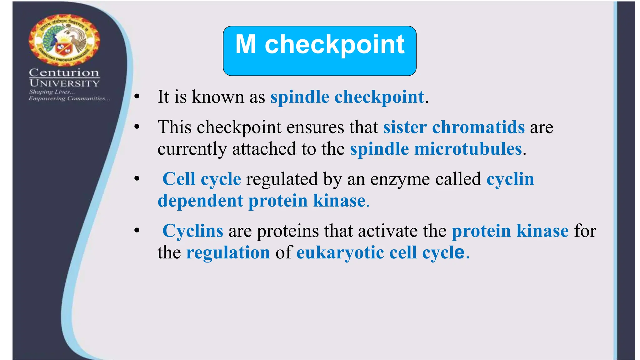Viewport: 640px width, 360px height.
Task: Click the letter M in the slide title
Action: tap(246, 45)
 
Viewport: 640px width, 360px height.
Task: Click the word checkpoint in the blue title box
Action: tap(335, 45)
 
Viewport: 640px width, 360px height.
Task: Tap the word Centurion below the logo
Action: tap(64, 72)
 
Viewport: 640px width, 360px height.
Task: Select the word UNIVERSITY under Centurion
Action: tap(65, 83)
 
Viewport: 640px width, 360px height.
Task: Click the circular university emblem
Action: tap(64, 40)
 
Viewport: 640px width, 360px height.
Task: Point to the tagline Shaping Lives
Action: tap(52, 92)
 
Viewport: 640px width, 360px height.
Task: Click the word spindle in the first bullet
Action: tap(300, 97)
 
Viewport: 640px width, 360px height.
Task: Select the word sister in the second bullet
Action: tap(405, 127)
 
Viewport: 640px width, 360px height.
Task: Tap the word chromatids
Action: tap(478, 127)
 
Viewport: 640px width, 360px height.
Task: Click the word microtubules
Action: tap(468, 149)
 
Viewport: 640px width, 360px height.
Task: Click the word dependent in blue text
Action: tap(200, 201)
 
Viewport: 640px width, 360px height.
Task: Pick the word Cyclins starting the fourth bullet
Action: tap(193, 231)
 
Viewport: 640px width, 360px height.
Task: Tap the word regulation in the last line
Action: tap(228, 252)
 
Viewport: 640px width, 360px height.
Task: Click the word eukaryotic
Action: tap(340, 252)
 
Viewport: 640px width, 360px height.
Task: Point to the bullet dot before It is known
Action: tap(137, 97)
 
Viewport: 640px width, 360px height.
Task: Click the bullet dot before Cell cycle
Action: tap(137, 179)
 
